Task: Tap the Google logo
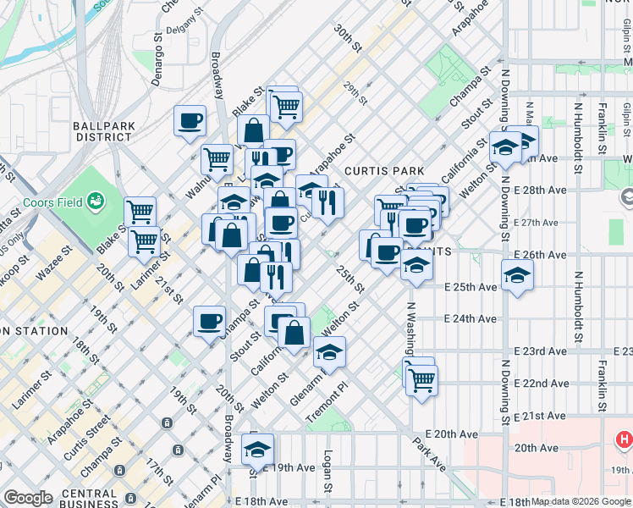click(x=28, y=498)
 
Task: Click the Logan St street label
click(x=327, y=474)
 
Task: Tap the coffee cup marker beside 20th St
click(x=209, y=321)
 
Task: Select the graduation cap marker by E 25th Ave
click(x=517, y=274)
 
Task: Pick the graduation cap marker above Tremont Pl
click(x=329, y=351)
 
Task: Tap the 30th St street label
click(x=346, y=39)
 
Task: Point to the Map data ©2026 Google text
click(x=580, y=501)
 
